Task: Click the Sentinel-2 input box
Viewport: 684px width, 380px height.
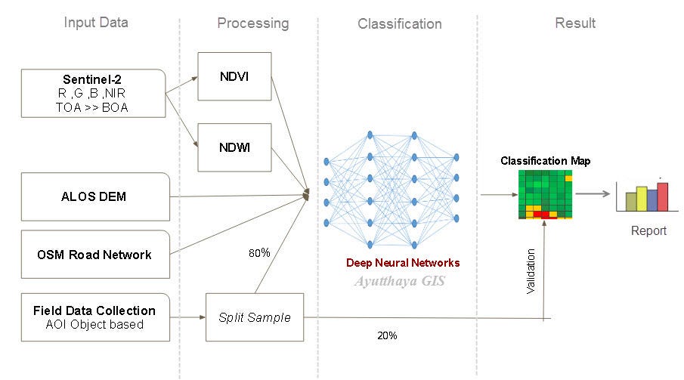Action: point(94,93)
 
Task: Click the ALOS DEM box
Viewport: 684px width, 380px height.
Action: point(94,196)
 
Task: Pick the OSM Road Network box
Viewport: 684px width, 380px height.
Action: point(94,255)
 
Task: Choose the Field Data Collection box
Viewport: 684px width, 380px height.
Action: point(94,317)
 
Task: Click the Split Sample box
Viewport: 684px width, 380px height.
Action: point(255,317)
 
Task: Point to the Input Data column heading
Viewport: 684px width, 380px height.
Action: point(95,22)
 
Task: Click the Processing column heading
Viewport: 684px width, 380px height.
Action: point(252,23)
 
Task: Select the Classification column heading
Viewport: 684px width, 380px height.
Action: point(399,23)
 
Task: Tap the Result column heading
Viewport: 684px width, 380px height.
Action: point(575,23)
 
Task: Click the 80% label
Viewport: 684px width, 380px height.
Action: point(259,253)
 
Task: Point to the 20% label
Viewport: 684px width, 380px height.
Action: point(386,335)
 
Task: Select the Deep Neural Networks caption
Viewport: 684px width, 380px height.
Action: point(402,263)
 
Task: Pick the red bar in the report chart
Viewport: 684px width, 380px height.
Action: point(663,196)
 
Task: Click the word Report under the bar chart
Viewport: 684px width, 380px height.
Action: point(648,230)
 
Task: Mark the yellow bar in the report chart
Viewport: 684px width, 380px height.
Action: point(642,199)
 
